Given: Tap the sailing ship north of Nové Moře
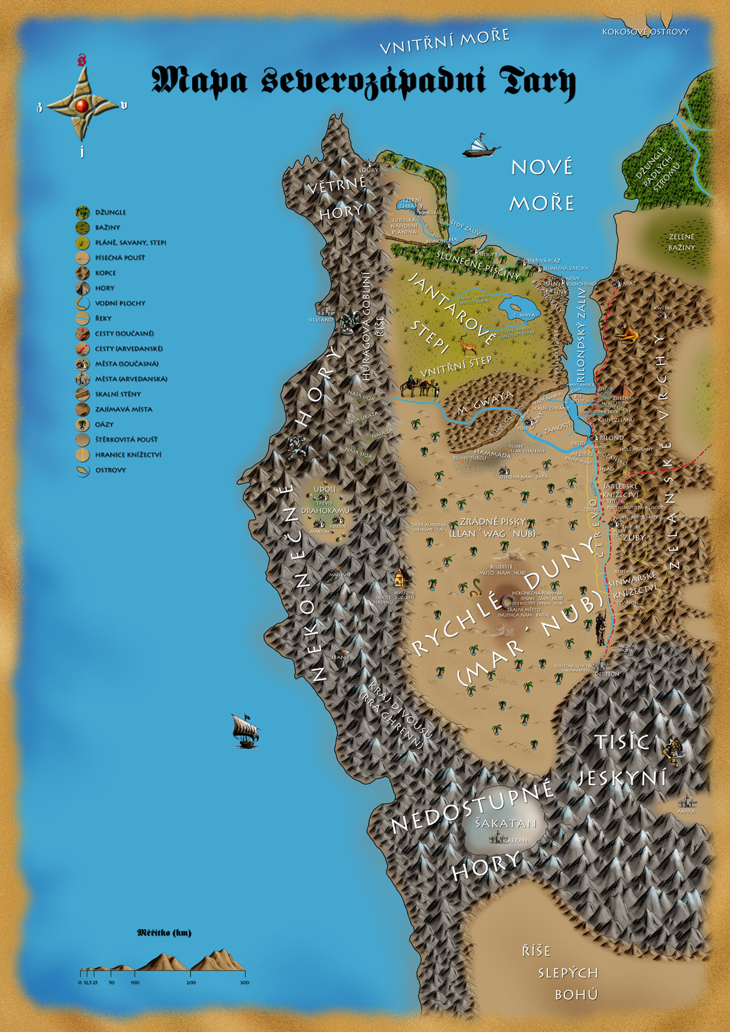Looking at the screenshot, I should [481, 146].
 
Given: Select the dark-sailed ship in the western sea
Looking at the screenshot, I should [245, 731].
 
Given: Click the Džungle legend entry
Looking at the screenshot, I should [110, 213].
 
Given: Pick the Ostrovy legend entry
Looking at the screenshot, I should [110, 470].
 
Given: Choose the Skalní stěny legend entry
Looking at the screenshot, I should [117, 394].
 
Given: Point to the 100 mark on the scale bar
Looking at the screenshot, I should [135, 982].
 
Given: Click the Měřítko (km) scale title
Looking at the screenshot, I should [164, 933].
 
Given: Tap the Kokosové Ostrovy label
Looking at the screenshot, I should [645, 32].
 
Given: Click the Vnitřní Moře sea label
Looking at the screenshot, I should [444, 42].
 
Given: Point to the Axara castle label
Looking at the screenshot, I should [686, 811].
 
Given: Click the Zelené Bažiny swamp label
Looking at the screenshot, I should [681, 242].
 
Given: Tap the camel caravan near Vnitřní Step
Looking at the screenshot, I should [420, 387].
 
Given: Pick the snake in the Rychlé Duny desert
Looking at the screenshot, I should [474, 588].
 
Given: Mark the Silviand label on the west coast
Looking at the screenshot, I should [320, 320].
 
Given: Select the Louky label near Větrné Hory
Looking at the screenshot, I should [369, 170].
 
